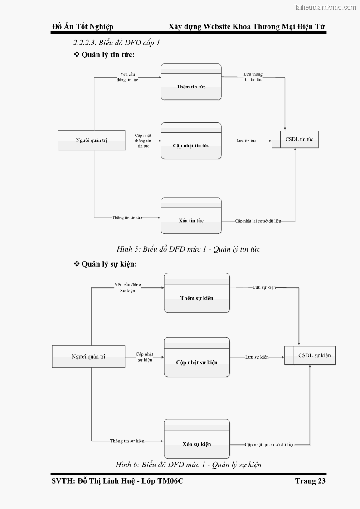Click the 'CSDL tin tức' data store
296,139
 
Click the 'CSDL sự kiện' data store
310,355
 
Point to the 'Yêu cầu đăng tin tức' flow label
127,77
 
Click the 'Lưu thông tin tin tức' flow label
253,77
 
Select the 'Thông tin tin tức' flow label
127,218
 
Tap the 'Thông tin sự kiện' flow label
127,441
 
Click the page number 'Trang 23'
310,481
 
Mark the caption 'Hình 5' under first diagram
188,249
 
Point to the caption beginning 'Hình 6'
188,464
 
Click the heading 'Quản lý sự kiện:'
109,264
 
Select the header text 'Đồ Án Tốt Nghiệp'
83,27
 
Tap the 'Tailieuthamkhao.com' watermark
325,7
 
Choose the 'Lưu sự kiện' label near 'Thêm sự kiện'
264,287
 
